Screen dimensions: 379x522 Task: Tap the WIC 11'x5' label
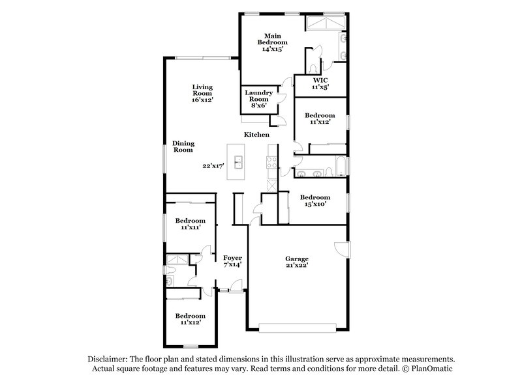319,83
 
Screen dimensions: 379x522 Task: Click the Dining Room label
183,147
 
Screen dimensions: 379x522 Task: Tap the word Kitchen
256,134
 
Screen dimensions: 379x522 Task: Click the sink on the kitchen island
239,160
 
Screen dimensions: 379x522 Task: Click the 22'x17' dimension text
213,166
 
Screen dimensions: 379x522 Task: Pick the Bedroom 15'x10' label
314,201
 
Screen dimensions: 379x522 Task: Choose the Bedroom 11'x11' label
191,224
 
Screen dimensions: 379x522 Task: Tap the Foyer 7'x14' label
233,261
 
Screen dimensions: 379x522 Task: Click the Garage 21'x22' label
296,262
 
